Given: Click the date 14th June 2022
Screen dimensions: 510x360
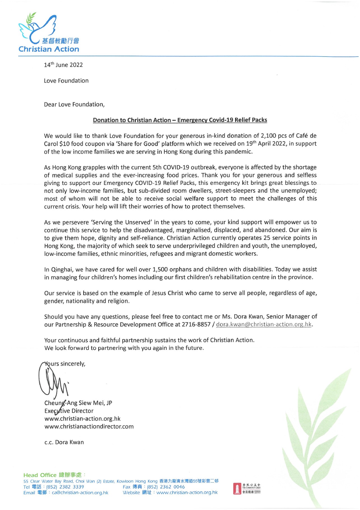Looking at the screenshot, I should click(63, 65).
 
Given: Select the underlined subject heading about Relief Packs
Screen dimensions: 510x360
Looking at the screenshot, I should click(180, 120).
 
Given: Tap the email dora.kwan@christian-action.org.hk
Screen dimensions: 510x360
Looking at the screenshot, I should click(264, 324).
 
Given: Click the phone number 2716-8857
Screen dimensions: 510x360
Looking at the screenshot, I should click(196, 324).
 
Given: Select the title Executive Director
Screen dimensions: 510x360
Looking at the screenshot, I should click(69, 411).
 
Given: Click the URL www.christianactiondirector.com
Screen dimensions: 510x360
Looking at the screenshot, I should click(89, 427).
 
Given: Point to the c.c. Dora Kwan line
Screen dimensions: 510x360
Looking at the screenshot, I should click(64, 442).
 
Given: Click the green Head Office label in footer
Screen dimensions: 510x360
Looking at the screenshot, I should click(40, 475).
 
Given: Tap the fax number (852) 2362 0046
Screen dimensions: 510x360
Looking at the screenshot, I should click(166, 487).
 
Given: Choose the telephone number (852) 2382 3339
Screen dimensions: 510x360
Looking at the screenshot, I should click(65, 487).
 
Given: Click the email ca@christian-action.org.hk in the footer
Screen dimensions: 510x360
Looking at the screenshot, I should click(80, 493).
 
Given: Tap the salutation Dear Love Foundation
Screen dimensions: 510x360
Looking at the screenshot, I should click(74, 104).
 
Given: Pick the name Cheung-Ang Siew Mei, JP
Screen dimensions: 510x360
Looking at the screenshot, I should click(78, 403).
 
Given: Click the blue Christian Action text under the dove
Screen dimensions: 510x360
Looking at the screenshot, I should click(49, 49).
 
